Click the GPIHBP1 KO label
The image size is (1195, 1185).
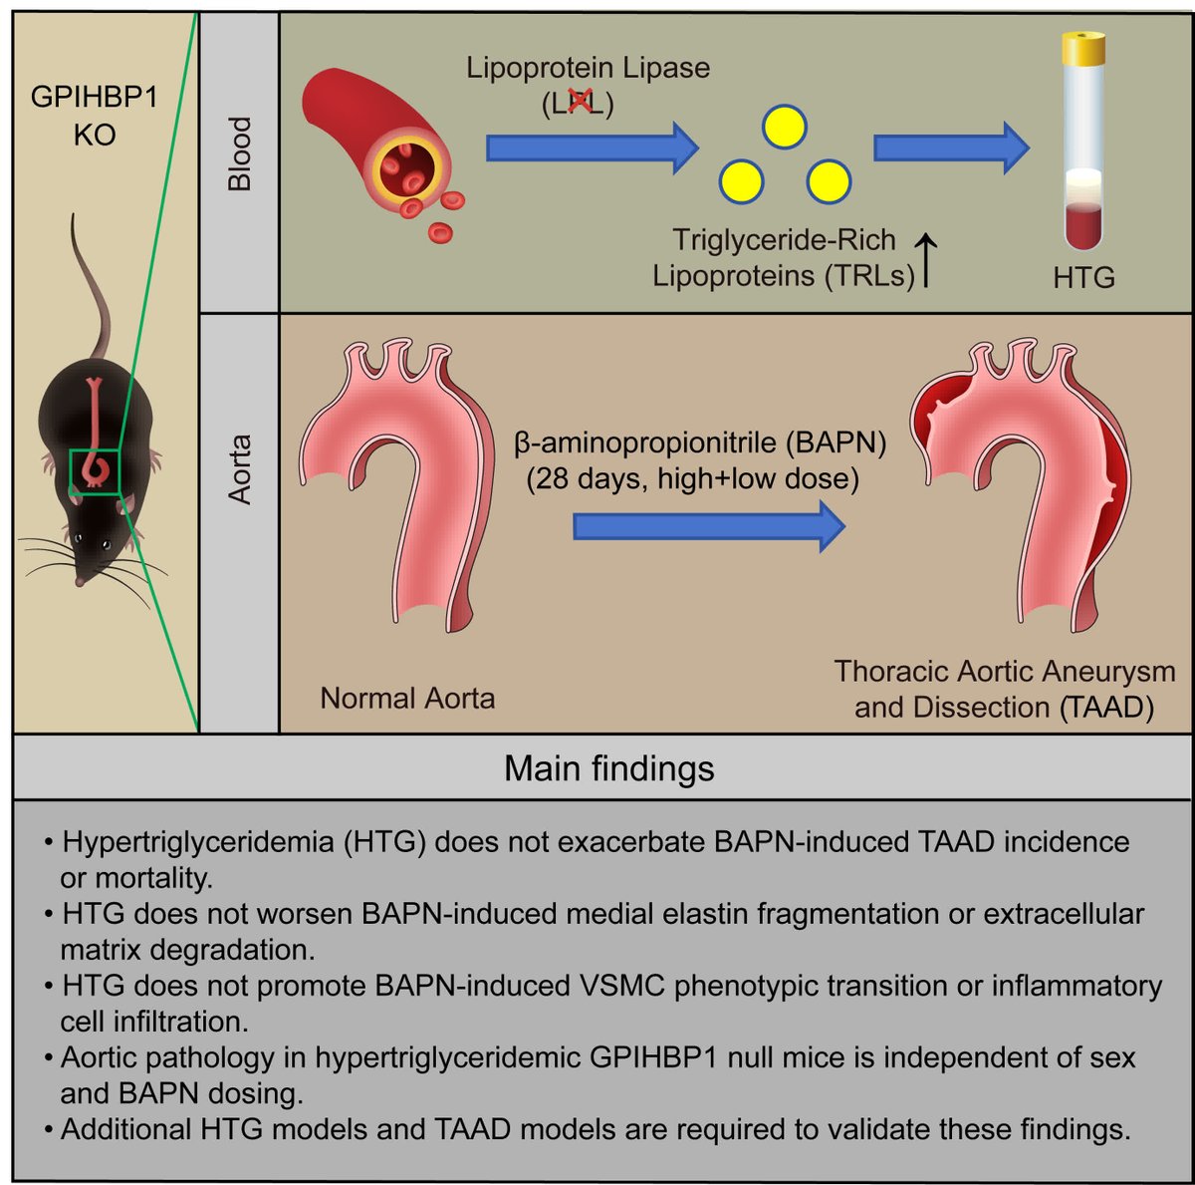pos(94,116)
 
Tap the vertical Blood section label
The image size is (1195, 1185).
pos(239,153)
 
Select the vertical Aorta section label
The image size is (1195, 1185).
pos(239,468)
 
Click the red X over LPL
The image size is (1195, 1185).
pos(578,102)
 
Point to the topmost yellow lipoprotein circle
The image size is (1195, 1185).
pos(784,127)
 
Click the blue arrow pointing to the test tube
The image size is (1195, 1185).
pos(950,148)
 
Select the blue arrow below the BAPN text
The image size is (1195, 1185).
pos(708,525)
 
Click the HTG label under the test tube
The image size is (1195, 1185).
pos(1083,278)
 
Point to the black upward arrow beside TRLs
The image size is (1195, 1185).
pos(927,259)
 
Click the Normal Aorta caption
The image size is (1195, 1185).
pos(407,698)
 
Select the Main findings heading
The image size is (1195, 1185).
pos(608,768)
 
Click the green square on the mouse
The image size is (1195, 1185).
pos(95,471)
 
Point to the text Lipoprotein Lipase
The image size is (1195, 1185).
pos(588,68)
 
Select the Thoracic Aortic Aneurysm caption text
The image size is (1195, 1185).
pos(1004,672)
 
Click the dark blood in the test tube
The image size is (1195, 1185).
pos(1082,225)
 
